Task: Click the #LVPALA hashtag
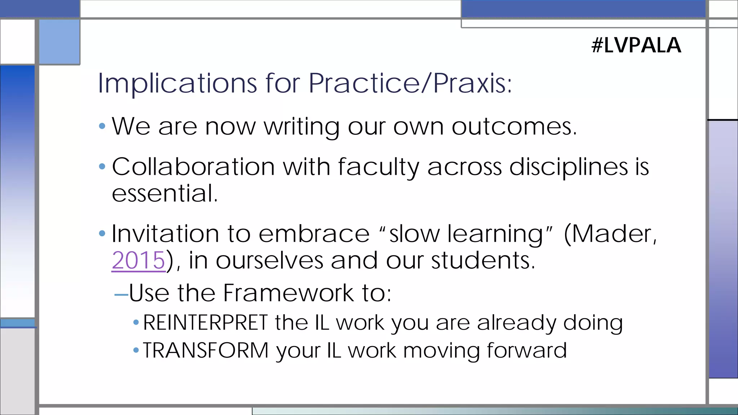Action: [636, 45]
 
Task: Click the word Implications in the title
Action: [177, 83]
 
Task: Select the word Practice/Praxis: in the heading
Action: [410, 83]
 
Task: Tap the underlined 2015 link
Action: [138, 260]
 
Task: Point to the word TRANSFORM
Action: [206, 350]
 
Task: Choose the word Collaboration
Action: [194, 167]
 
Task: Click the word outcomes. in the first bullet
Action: [514, 126]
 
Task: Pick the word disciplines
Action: [569, 168]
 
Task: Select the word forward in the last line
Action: [526, 350]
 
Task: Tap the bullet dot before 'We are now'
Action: [102, 126]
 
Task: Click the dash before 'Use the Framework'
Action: [121, 295]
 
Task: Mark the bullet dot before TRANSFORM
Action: [136, 350]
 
